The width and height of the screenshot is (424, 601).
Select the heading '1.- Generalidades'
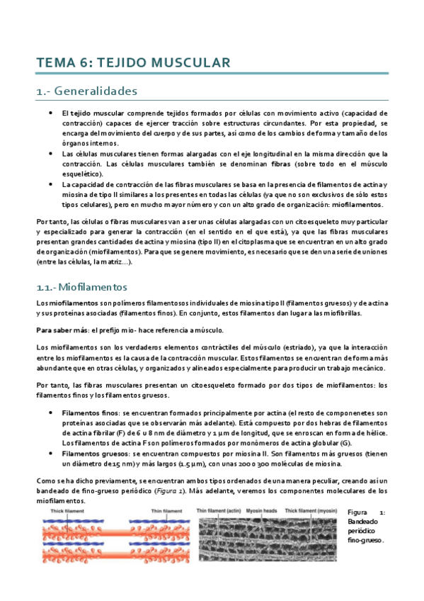coord(86,91)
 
